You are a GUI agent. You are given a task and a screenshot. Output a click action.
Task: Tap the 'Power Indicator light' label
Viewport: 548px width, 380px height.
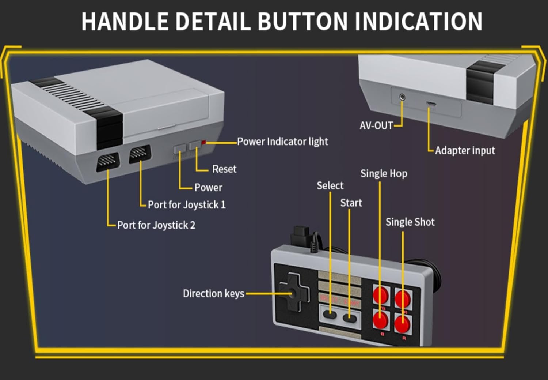[282, 142]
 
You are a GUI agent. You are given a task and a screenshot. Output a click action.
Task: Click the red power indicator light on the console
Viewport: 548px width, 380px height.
[204, 142]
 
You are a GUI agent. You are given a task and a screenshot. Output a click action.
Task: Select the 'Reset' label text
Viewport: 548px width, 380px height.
[224, 169]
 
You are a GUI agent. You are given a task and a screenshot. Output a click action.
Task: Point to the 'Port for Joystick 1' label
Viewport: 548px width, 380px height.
[187, 205]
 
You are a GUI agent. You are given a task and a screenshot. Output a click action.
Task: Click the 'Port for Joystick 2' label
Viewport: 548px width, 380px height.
[156, 225]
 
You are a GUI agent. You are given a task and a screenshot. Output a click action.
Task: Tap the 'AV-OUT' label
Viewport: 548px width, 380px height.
[376, 126]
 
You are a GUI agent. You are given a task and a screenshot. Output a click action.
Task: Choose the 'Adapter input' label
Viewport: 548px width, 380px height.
[465, 151]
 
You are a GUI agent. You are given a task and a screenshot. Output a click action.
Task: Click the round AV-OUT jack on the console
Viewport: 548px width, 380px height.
[402, 97]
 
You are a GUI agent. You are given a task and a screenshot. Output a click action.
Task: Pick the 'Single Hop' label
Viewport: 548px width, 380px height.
[384, 174]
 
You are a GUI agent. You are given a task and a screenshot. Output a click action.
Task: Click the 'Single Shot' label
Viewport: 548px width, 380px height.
[410, 222]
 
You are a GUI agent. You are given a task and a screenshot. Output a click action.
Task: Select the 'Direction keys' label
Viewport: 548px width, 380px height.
[213, 294]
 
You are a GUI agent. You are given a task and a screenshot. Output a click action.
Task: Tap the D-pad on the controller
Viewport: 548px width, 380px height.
[292, 293]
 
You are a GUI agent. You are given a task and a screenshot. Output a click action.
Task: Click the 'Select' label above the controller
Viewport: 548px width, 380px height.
[330, 186]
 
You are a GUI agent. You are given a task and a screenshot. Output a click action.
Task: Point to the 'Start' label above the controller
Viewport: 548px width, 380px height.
[351, 203]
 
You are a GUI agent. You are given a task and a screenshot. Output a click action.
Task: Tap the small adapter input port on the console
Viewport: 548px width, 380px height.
[431, 104]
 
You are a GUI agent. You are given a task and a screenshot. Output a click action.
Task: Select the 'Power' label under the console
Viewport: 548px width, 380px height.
[208, 188]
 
